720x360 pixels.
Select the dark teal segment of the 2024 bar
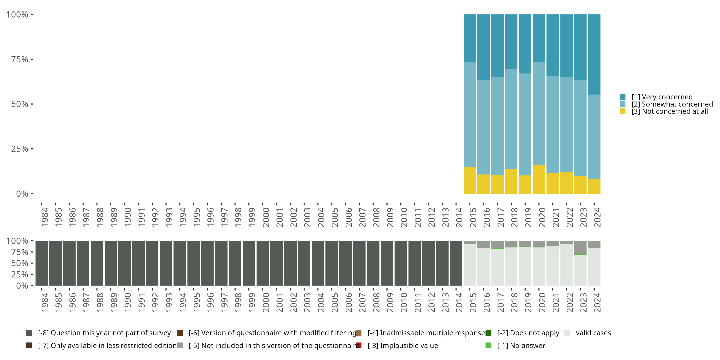pyautogui.click(x=594, y=54)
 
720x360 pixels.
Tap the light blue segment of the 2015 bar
pyautogui.click(x=470, y=114)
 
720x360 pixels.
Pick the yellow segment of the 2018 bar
pyautogui.click(x=511, y=181)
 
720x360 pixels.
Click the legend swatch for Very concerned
pyautogui.click(x=623, y=97)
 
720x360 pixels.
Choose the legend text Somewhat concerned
pyautogui.click(x=672, y=104)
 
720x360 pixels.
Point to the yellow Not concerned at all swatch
pyautogui.click(x=623, y=112)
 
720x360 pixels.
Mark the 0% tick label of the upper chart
pyautogui.click(x=22, y=194)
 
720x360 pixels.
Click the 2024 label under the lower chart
pyautogui.click(x=597, y=302)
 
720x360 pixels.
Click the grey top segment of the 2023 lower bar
pyautogui.click(x=580, y=247)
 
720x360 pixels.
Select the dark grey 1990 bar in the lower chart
pyautogui.click(x=124, y=263)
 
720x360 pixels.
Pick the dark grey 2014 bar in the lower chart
pyautogui.click(x=456, y=263)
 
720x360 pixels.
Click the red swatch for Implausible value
pyautogui.click(x=359, y=345)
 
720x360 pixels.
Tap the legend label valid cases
pyautogui.click(x=593, y=333)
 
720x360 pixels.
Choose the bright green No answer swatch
pyautogui.click(x=488, y=345)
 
